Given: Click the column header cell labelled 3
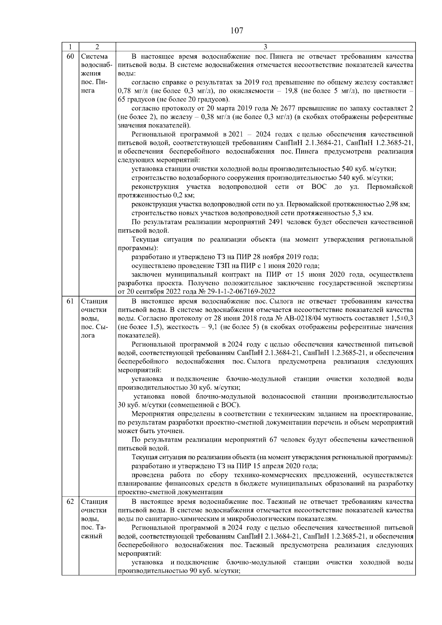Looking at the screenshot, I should (266, 47).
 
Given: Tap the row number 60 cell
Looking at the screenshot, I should (70, 56).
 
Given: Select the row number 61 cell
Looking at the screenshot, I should (70, 301).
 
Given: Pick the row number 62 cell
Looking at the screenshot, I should (70, 502).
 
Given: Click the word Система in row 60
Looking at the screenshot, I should (94, 56).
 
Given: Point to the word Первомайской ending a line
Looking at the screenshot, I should (390, 187).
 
